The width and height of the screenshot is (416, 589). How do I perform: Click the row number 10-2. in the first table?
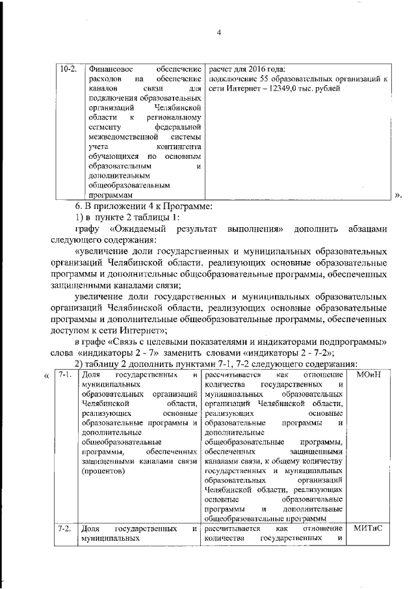coord(68,68)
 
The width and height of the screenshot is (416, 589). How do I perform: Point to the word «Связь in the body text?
coord(131,340)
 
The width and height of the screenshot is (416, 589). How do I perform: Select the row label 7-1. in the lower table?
coord(64,376)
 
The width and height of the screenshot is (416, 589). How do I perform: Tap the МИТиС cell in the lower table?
coord(369,528)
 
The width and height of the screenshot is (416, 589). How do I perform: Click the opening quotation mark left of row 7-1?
coord(46,376)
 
